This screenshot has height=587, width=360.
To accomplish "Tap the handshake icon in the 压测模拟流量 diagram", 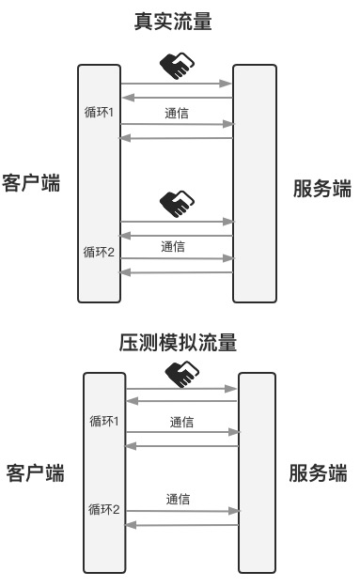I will pos(181,375).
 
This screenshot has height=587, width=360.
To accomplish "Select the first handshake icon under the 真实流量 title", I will pos(176,65).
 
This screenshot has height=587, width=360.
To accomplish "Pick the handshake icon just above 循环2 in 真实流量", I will pos(176,202).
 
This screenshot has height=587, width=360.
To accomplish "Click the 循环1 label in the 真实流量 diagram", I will pos(99,113).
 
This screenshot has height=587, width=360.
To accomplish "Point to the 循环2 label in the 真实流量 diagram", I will pos(99,251).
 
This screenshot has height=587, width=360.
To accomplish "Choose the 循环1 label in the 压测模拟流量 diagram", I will pos(103,420).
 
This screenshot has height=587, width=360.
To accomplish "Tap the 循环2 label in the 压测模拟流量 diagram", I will pos(103,509).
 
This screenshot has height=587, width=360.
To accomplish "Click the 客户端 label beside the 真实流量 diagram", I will pos(31,182).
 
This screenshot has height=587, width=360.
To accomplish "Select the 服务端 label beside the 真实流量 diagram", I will pos(321,189).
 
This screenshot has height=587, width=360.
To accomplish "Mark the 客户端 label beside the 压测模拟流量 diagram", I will pos(35,471).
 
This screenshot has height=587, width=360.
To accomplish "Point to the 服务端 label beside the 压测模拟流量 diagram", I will pos(318,471).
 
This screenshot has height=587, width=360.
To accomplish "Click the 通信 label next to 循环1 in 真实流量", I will pos(176,114).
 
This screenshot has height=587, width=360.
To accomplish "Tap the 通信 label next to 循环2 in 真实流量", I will pos(172,247).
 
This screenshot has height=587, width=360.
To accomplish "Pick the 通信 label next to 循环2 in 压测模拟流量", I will pos(178,500).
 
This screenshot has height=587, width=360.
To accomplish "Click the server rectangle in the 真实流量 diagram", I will pos(255,183).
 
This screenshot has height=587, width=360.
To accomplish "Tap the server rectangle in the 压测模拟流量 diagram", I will pos(257,471).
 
